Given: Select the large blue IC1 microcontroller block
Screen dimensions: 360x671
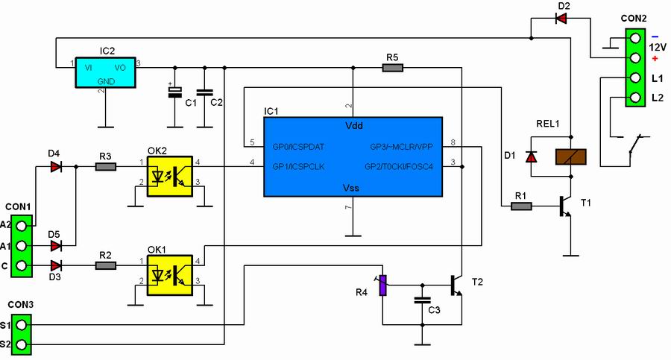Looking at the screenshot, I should (353, 156).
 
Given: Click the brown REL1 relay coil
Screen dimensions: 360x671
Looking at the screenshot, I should (571, 157).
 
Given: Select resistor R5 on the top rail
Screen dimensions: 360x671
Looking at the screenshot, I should (392, 68).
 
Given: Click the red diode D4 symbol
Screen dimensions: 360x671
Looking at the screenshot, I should (56, 168).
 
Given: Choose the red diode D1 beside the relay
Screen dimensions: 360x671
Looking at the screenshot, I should (531, 157).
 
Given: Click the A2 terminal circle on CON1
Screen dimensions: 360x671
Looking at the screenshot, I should (22, 224).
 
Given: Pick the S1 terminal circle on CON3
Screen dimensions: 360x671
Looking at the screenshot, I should (22, 325).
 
